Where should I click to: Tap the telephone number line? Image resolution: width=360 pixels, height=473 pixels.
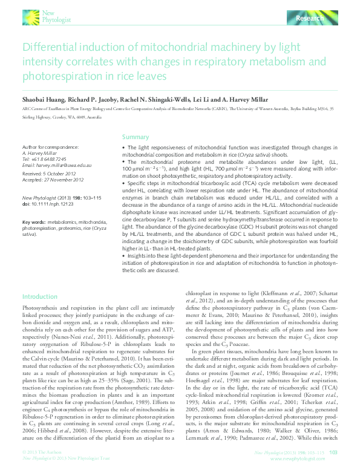point(45,158)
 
